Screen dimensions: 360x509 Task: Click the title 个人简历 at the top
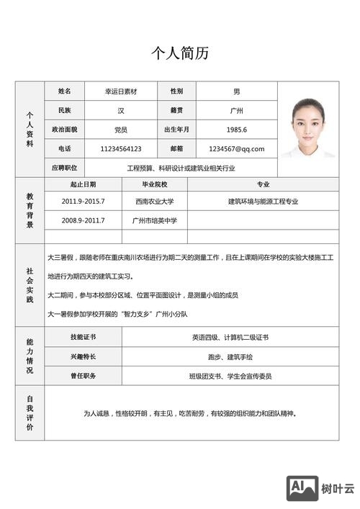pyautogui.click(x=180, y=53)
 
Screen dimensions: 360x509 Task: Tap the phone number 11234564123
pyautogui.click(x=120, y=149)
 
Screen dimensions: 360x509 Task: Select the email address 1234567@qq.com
pyautogui.click(x=237, y=149)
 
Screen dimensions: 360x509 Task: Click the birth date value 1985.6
pyautogui.click(x=237, y=130)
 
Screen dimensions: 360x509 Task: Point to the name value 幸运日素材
pyautogui.click(x=120, y=92)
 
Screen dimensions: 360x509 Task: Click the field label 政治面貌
pyautogui.click(x=64, y=130)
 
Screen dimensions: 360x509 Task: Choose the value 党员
pyautogui.click(x=120, y=130)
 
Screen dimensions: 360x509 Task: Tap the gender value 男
pyautogui.click(x=237, y=92)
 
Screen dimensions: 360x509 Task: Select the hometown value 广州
pyautogui.click(x=237, y=111)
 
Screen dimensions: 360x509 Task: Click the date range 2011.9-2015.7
pyautogui.click(x=83, y=202)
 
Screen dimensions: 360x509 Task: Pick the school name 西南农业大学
pyautogui.click(x=155, y=202)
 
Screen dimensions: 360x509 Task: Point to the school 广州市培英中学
pyautogui.click(x=155, y=220)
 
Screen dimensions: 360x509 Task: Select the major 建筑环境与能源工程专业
pyautogui.click(x=263, y=202)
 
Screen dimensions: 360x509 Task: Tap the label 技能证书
pyautogui.click(x=83, y=337)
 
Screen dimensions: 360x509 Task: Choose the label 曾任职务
pyautogui.click(x=83, y=376)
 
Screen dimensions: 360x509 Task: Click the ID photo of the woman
pyautogui.click(x=307, y=127)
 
